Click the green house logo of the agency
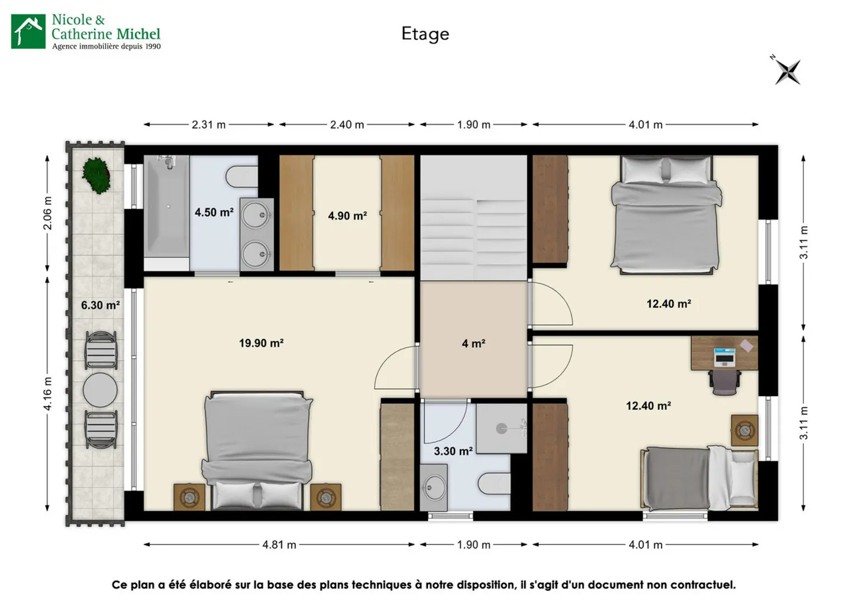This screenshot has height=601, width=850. pos(28,31)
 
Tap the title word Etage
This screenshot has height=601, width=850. pos(426,34)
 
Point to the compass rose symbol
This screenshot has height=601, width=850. pos(787,71)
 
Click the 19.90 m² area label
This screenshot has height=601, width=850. pos(261,343)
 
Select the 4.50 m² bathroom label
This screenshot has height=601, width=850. pos(214,212)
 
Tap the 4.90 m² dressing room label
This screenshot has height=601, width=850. pos(347,216)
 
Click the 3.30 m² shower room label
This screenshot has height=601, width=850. pos(453,451)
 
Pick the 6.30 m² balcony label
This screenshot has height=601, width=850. pos(100,305)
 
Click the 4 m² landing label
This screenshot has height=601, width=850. pos(473,344)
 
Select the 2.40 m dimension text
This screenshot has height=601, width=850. pos(347,125)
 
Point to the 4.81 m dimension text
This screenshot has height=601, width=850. pos(279,545)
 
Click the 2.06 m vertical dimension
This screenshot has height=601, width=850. pos(47,213)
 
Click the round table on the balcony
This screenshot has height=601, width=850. pos(100,390)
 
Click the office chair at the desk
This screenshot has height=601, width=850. pos(725,382)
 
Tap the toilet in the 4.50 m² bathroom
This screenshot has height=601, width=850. pos(241,177)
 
